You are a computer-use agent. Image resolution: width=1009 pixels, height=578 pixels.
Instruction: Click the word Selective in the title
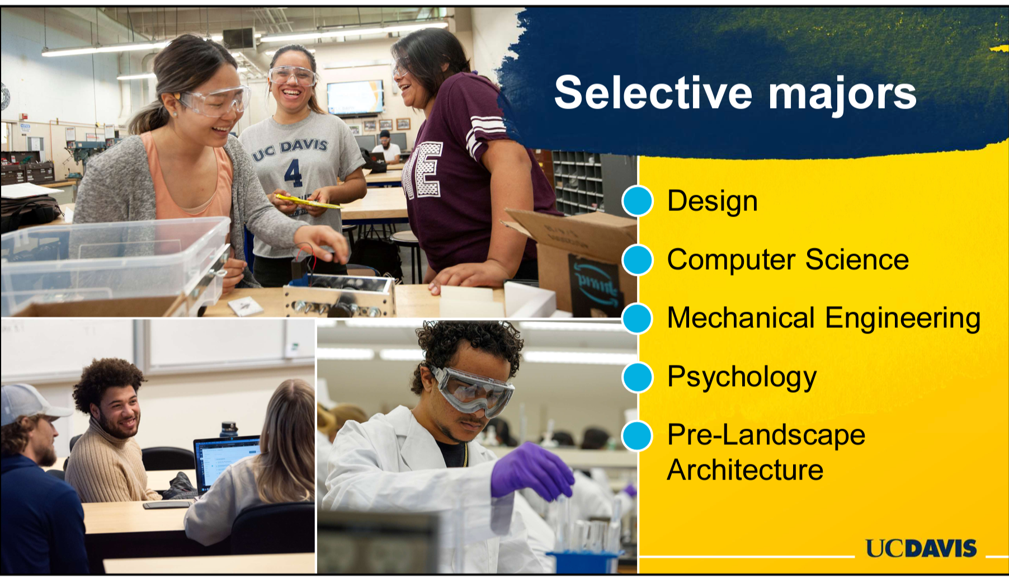pos(653,92)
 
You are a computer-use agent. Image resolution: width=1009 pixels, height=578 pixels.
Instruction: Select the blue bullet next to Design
pos(638,200)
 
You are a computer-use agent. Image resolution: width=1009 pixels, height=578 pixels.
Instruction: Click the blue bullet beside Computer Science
pos(638,259)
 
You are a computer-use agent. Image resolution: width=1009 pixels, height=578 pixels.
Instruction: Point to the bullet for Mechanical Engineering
pos(638,318)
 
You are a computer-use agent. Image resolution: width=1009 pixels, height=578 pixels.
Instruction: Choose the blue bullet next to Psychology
pos(638,377)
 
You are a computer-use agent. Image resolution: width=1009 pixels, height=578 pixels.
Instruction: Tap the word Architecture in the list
pos(745,469)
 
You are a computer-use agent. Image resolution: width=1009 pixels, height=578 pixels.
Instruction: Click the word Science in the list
pos(857,260)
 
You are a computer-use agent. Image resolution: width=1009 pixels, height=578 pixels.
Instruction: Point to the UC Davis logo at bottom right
pos(921,548)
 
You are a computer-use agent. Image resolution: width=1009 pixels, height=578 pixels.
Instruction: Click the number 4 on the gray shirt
pos(293,172)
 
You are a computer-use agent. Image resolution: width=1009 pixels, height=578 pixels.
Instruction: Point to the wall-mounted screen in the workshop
pos(355,97)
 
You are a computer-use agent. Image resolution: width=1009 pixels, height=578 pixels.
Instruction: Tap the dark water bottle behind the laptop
pos(229,429)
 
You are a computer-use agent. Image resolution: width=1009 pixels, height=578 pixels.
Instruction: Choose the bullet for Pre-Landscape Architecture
pos(638,436)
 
